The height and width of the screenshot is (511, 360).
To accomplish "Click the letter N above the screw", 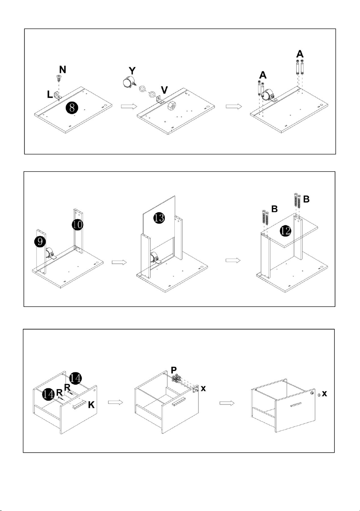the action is (x=63, y=69).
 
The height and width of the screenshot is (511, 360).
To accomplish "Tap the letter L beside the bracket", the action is (x=49, y=94).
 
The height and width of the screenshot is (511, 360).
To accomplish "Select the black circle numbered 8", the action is (x=72, y=108).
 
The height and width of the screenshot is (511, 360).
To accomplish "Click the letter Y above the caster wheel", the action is (x=132, y=71).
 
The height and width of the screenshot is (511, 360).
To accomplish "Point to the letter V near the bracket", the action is (x=164, y=90).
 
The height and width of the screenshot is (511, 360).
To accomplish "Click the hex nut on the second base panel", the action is (x=171, y=106).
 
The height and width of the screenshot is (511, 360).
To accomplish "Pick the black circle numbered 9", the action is (x=40, y=241).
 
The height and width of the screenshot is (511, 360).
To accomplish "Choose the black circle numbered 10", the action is (x=78, y=225).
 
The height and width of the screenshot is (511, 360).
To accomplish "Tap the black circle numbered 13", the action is (x=159, y=218).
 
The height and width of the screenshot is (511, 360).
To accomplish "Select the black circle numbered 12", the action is (x=286, y=231).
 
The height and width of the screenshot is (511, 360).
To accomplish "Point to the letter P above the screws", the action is (x=174, y=370).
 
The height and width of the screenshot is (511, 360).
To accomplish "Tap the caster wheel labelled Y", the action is (x=129, y=82).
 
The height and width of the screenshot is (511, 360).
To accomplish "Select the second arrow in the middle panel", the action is (x=233, y=260).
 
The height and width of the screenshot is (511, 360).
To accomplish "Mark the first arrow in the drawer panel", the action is (x=115, y=403).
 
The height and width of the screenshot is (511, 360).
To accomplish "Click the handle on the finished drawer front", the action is (x=296, y=404).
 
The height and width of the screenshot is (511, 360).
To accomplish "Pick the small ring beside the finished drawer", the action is (x=319, y=394).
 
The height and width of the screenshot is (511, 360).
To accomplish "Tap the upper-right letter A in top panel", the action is (x=300, y=54).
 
